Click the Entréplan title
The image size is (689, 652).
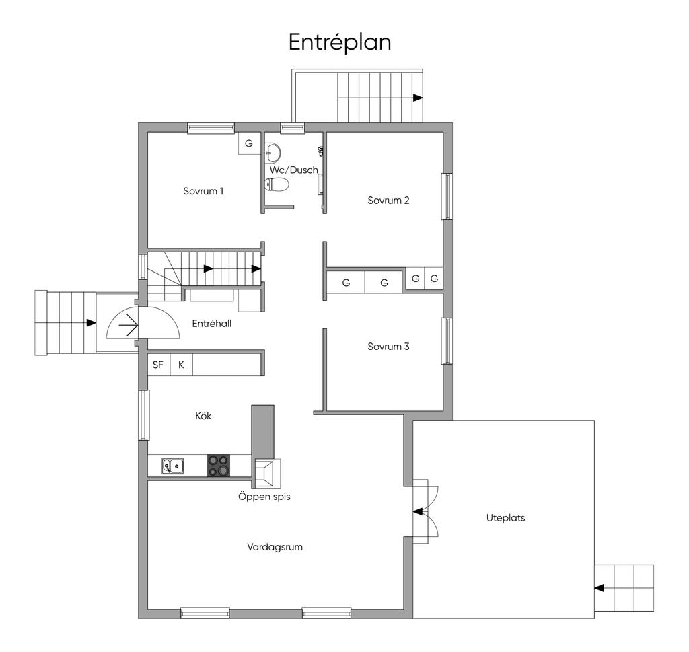(340, 42)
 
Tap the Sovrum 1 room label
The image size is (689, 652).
(203, 191)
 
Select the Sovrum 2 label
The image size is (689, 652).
(388, 201)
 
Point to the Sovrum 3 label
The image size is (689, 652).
(388, 347)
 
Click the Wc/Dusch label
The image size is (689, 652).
(294, 170)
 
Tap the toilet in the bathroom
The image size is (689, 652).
(277, 184)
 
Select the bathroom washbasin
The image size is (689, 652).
(273, 153)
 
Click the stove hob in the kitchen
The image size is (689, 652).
(219, 465)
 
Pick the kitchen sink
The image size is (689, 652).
(173, 466)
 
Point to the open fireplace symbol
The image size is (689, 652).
(266, 474)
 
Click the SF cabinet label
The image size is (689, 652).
(157, 365)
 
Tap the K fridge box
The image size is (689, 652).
(181, 365)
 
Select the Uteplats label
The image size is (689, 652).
(505, 518)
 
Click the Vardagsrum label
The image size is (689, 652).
(275, 547)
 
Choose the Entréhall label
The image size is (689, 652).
(212, 324)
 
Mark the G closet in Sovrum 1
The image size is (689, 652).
(249, 143)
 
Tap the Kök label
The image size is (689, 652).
(203, 416)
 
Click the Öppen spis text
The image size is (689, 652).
(264, 497)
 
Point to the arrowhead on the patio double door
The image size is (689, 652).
(417, 511)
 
